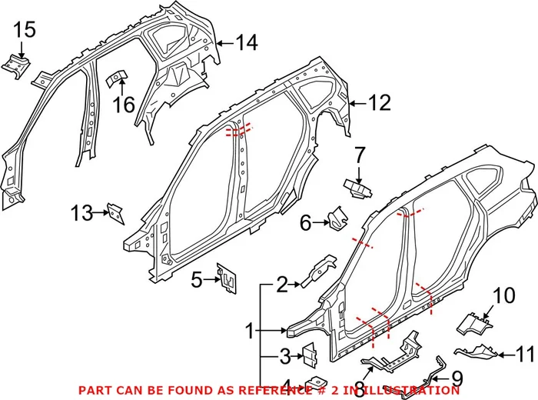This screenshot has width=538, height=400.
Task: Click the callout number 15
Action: pyautogui.click(x=25, y=30)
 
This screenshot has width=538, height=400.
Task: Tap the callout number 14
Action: pyautogui.click(x=246, y=43)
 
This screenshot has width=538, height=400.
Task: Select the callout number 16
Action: pyautogui.click(x=124, y=103)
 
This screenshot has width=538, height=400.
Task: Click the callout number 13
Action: pyautogui.click(x=81, y=212)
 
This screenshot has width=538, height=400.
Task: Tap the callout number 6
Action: pyautogui.click(x=305, y=223)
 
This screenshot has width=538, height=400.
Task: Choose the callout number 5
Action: pyautogui.click(x=197, y=279)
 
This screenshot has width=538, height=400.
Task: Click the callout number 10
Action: pyautogui.click(x=502, y=295)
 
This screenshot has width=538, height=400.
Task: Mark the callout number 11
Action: pyautogui.click(x=524, y=355)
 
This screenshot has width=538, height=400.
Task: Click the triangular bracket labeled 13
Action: pyautogui.click(x=115, y=212)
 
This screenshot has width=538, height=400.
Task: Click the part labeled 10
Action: pyautogui.click(x=475, y=323)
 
